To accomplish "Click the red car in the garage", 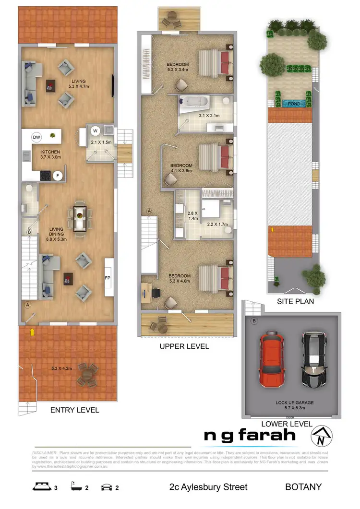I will [x=272, y=360].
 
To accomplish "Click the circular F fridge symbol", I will [x=58, y=176].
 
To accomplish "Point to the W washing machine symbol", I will [x=95, y=130].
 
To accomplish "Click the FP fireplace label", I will [x=108, y=277].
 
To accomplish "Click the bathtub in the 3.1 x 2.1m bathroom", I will [x=194, y=102].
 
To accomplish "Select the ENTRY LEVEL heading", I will [x=74, y=410].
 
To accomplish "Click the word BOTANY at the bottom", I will [x=303, y=487].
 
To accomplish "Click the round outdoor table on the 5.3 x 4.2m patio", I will [x=87, y=373].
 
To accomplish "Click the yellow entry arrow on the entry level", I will [x=32, y=331].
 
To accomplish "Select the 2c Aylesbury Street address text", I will [x=208, y=487].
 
